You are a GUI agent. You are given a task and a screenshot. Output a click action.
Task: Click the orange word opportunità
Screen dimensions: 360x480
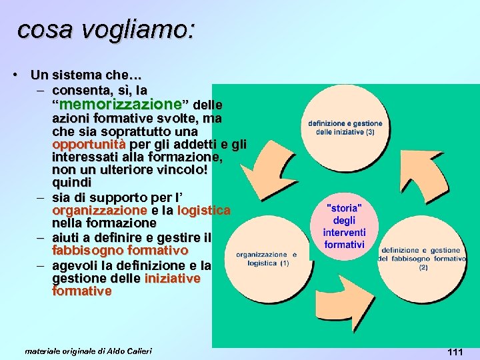(x=88, y=144)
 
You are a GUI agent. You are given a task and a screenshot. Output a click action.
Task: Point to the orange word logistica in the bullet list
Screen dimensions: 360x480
(x=204, y=210)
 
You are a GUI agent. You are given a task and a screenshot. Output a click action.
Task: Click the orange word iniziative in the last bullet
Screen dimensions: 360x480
(x=172, y=279)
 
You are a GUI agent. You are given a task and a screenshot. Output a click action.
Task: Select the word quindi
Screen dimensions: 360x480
(x=72, y=183)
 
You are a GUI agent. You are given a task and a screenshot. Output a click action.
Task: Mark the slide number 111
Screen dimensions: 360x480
(x=455, y=352)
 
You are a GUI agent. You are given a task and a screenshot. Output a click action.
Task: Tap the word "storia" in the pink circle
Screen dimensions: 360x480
(x=344, y=208)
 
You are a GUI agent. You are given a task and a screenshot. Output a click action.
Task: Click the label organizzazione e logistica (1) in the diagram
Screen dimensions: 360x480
(x=265, y=259)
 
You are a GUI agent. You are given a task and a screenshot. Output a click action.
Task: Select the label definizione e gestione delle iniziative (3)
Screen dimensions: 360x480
(x=345, y=127)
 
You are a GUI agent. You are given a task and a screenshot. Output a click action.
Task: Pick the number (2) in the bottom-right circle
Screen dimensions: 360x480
(x=423, y=267)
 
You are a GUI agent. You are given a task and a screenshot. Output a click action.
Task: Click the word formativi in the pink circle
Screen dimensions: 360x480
(x=344, y=245)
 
